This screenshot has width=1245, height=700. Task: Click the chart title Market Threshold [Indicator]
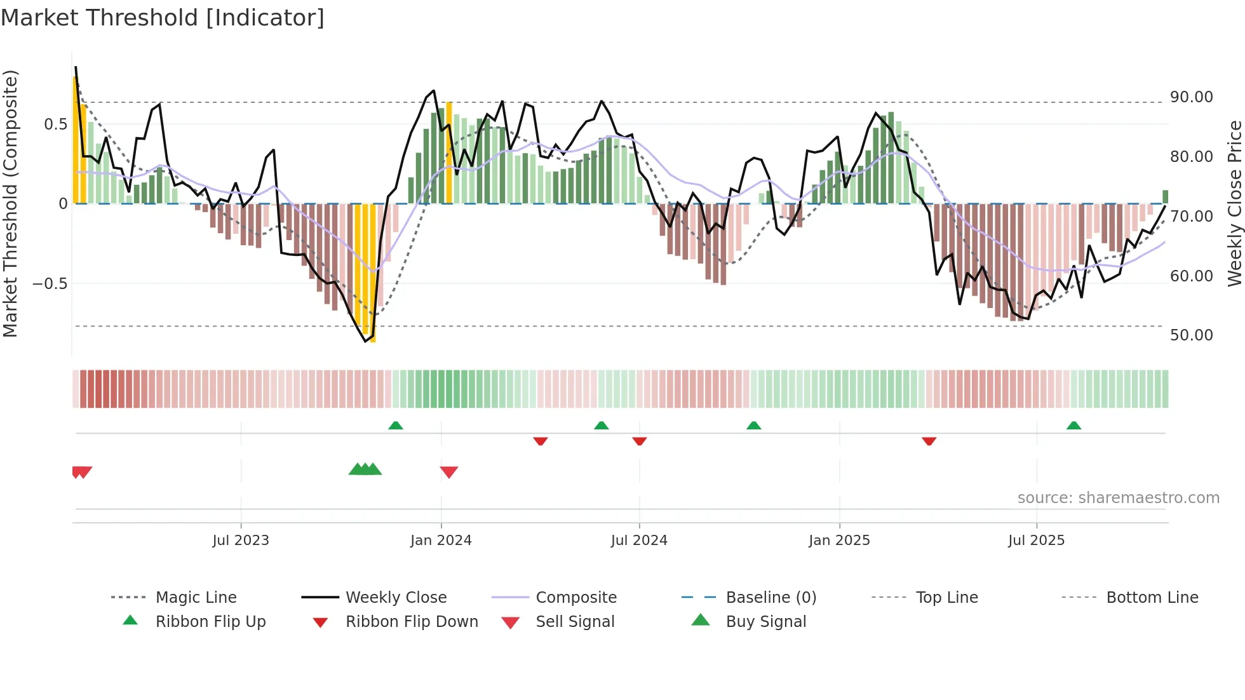click(x=163, y=18)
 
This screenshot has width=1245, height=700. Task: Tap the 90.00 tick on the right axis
click(x=1191, y=97)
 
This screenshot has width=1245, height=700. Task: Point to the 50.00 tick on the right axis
click(x=1191, y=335)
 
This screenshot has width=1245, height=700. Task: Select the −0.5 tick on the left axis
click(x=50, y=283)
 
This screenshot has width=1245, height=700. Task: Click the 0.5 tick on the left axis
click(x=55, y=124)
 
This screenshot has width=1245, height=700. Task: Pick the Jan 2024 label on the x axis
click(x=441, y=541)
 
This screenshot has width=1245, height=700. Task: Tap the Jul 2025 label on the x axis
click(x=1036, y=541)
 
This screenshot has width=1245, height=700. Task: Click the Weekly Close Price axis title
click(x=1234, y=203)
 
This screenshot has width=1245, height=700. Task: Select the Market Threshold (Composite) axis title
click(x=10, y=203)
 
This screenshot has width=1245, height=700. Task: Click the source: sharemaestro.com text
click(x=1118, y=498)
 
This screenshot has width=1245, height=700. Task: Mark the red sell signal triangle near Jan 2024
click(x=449, y=472)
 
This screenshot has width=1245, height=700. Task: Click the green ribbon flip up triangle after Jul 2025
click(x=1073, y=426)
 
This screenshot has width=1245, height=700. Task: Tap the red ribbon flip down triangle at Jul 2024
click(x=640, y=441)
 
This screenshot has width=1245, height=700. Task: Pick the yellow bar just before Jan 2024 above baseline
click(x=449, y=152)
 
